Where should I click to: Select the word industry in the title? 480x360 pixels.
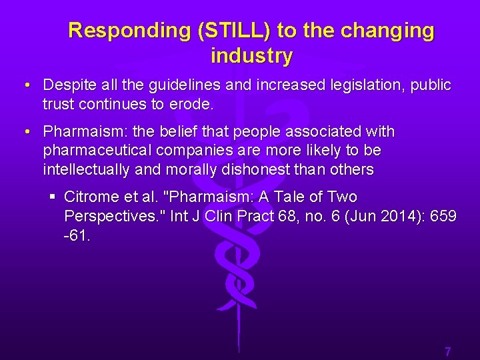251,57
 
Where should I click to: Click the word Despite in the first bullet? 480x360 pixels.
68,85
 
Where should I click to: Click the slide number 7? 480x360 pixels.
448,351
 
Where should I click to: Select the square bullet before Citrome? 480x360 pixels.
52,197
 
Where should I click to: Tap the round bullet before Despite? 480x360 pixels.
25,86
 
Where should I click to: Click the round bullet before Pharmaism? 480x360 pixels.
25,132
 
